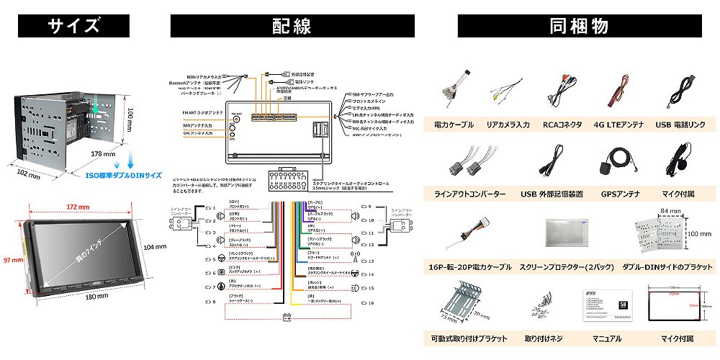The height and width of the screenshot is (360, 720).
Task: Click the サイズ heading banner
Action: [73, 27]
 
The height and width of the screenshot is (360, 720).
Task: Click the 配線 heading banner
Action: [292, 27]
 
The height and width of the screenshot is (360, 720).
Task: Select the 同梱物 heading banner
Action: [580, 27]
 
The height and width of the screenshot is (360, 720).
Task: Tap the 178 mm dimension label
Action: [104, 153]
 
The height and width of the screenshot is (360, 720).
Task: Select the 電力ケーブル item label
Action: [454, 125]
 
